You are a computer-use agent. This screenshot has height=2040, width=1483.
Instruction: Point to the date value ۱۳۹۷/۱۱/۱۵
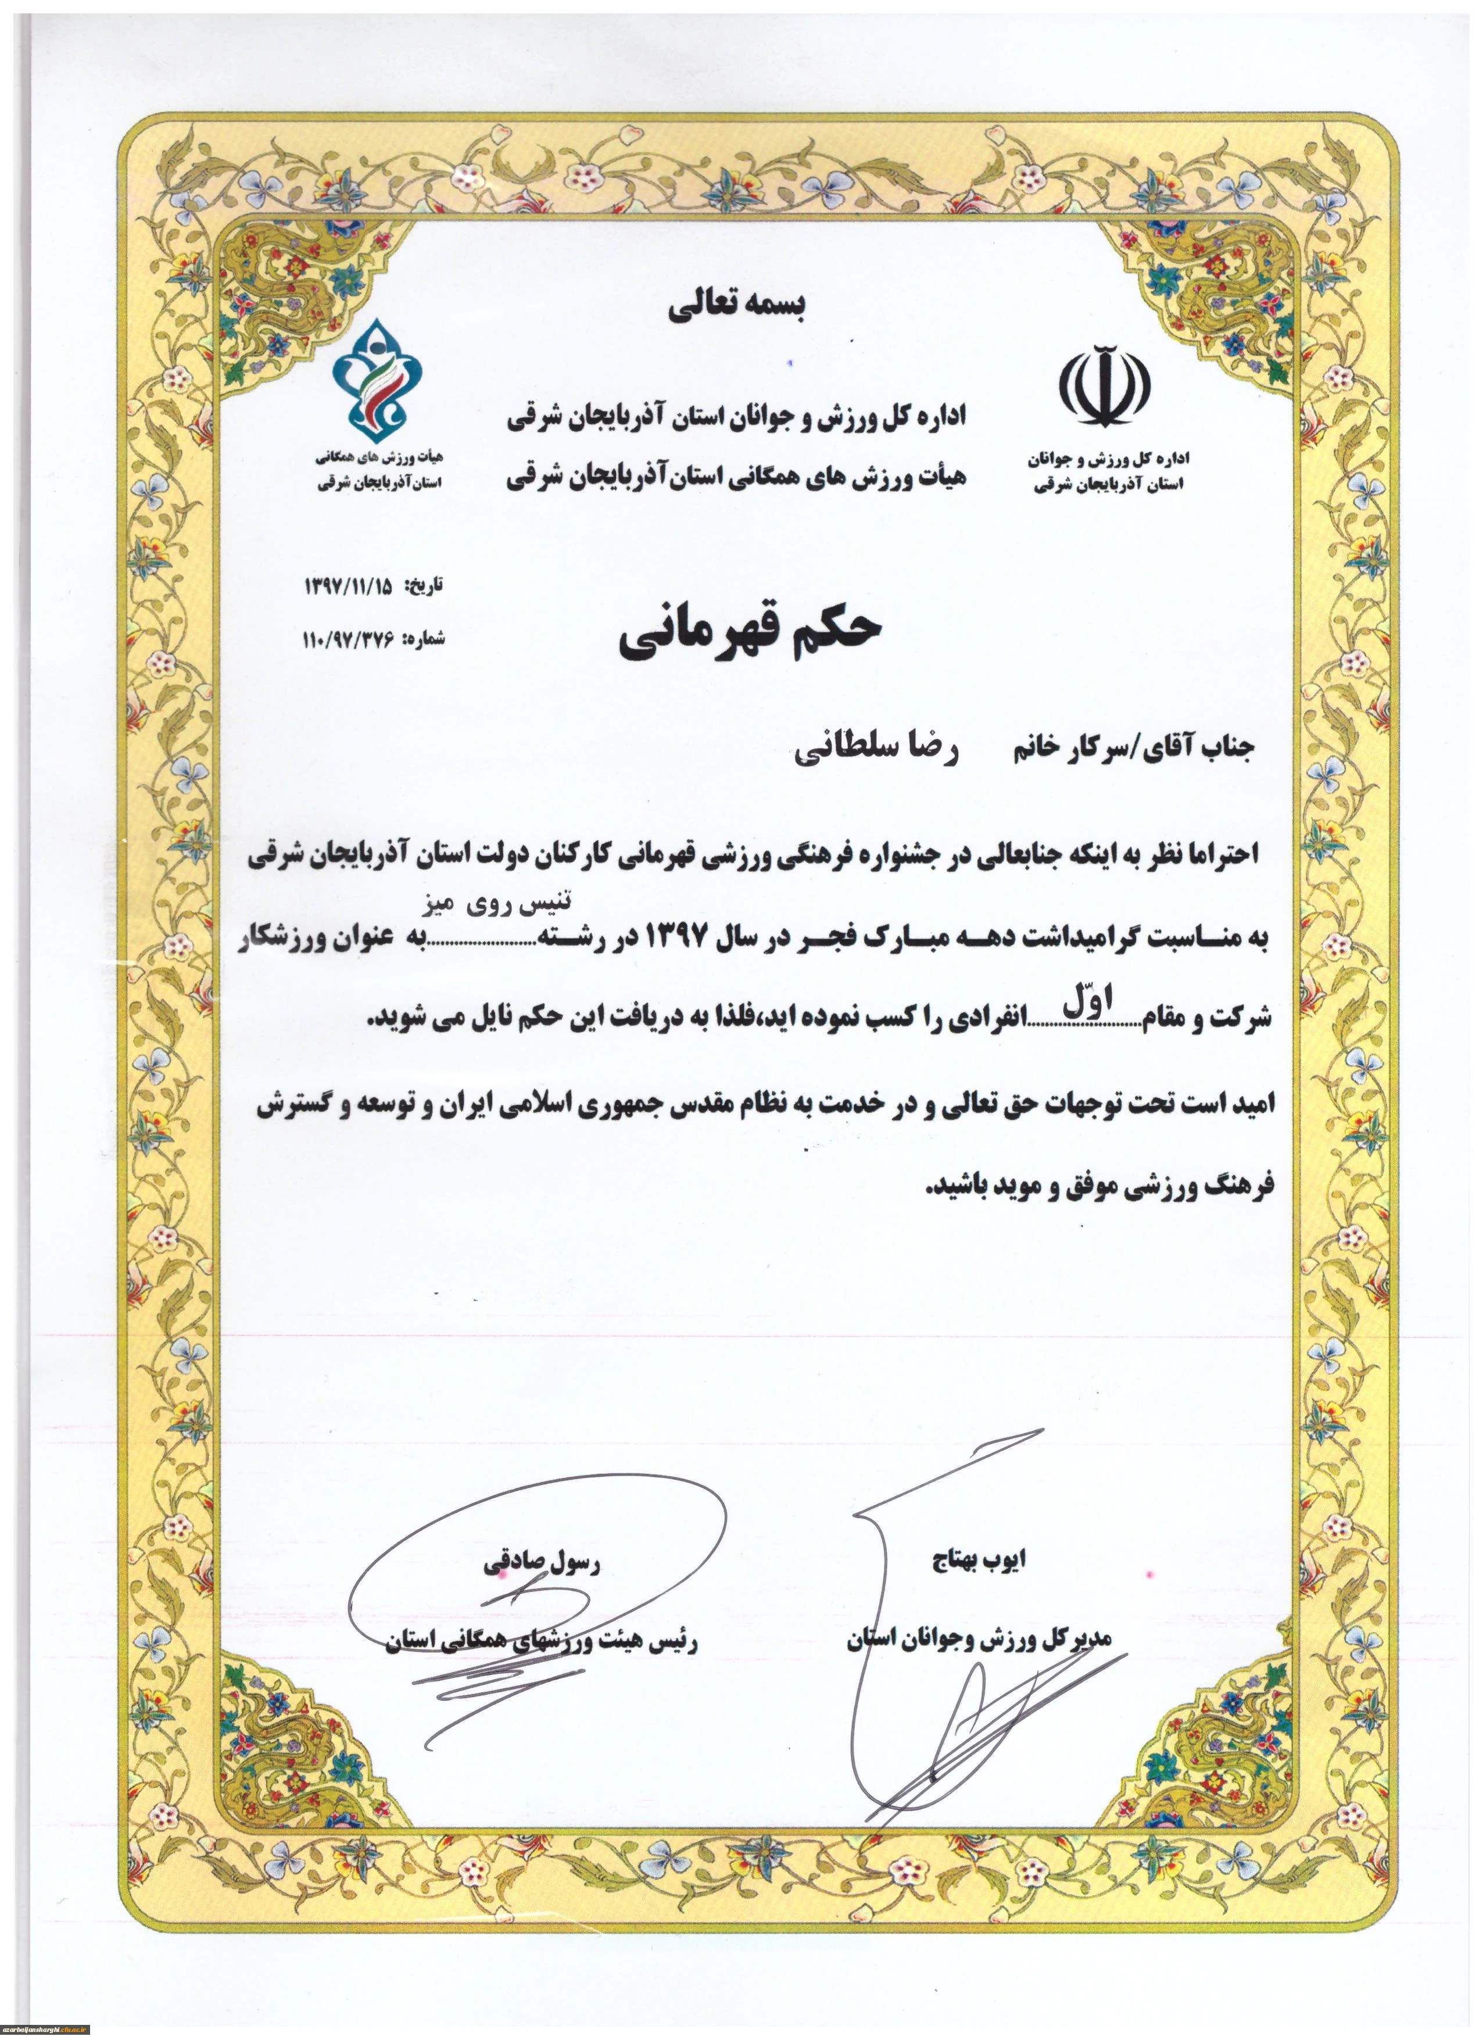pyautogui.click(x=348, y=586)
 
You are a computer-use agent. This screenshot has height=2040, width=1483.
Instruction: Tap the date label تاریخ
pyautogui.click(x=427, y=586)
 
